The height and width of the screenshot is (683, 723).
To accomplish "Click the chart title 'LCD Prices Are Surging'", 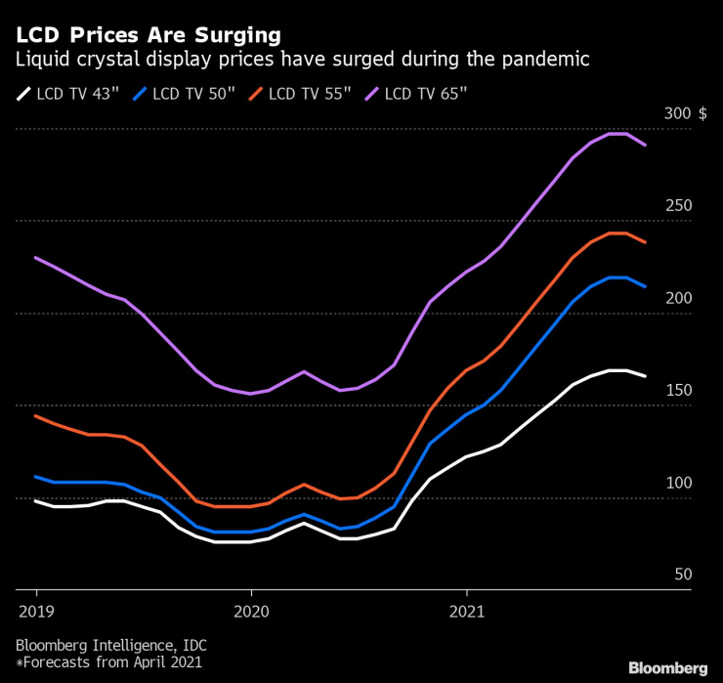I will (148, 35).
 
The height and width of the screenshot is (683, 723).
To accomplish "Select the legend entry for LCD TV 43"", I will (67, 95).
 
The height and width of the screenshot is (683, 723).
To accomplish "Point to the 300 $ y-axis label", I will (685, 113).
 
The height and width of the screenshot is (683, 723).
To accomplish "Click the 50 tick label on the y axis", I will (682, 576).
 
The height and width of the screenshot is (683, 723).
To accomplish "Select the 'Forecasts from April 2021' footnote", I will (109, 664).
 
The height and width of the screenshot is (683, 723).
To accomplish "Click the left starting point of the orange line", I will (36, 416).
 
